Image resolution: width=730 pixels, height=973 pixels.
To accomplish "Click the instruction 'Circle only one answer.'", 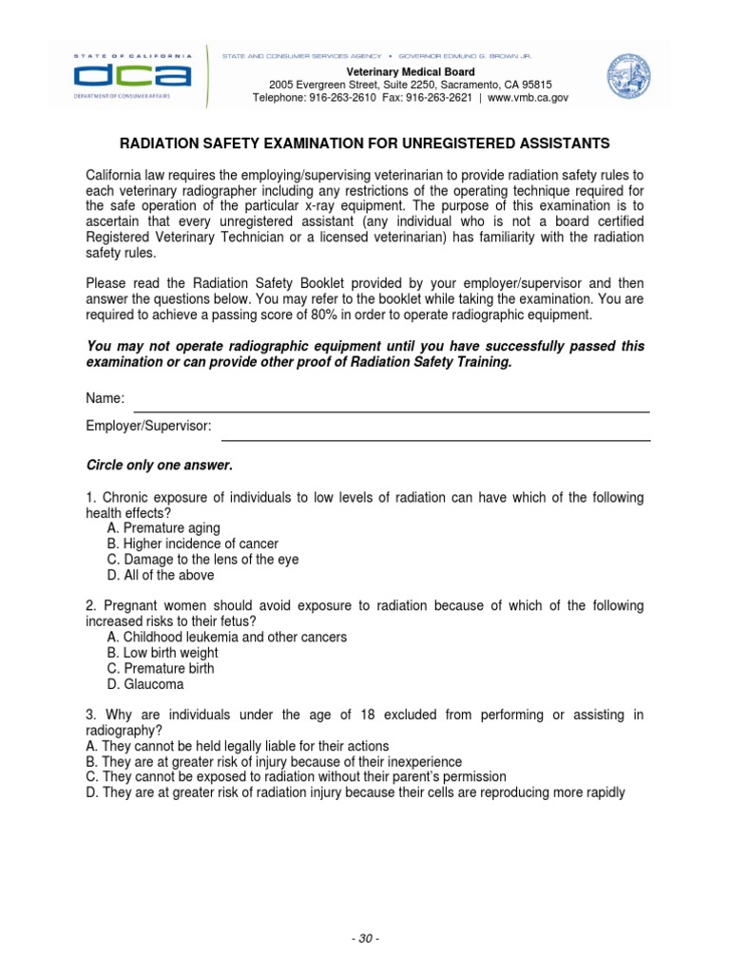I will pos(160,466).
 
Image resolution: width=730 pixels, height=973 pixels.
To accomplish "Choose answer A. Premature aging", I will pos(163,528).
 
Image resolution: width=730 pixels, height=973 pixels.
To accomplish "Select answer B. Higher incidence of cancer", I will pos(193,544).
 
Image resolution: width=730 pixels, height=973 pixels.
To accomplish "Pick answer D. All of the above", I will pos(161,575).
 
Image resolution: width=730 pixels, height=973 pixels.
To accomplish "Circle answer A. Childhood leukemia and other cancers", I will pos(227,637).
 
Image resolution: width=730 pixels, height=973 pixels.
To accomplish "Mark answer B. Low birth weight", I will pos(163,653).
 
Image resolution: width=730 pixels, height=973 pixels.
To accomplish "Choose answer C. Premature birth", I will pos(161,668).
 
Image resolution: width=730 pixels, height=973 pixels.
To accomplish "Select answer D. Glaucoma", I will pos(145,684).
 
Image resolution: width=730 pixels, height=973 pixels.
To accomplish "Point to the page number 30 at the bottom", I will pos(366,940).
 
